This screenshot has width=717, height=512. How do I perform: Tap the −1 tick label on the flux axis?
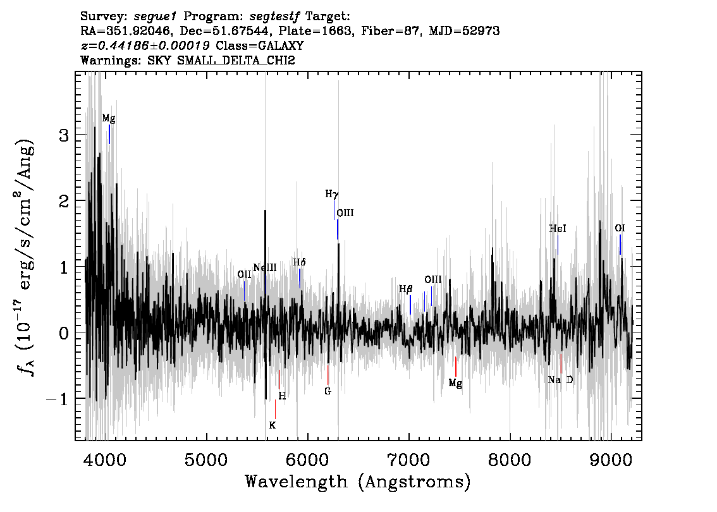57,399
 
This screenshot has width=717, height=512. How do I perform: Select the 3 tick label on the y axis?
64,135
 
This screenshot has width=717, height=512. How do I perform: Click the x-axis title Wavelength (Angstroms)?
358,482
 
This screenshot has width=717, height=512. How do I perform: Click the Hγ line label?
331,194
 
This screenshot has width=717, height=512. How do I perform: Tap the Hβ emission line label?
405,289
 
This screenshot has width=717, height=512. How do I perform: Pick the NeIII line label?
265,267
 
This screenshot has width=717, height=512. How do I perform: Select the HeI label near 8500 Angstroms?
558,228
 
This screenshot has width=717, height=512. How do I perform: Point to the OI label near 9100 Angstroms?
620,228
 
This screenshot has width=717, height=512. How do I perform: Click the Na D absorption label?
560,380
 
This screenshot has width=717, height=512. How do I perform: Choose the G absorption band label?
328,391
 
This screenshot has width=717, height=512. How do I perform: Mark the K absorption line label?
272,425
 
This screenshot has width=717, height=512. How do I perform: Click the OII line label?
244,274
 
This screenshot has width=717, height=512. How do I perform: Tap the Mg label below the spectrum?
455,383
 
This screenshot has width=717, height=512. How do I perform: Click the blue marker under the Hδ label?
300,278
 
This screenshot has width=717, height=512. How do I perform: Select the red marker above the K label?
275,409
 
